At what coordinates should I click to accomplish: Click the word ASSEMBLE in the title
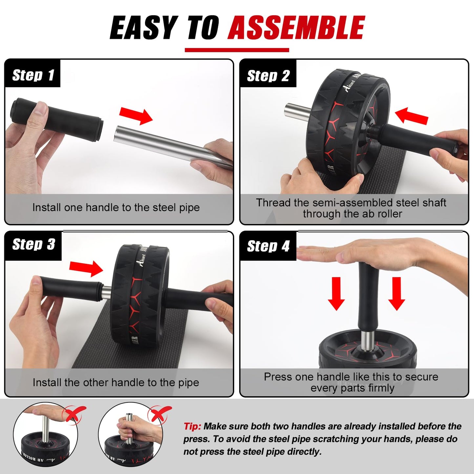296,28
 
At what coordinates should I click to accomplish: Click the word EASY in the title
143,28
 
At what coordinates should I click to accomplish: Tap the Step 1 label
33,75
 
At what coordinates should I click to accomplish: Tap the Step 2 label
268,76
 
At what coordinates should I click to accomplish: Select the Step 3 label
33,244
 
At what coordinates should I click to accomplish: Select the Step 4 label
268,246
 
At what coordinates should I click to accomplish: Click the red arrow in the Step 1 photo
136,115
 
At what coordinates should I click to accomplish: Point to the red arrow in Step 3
86,268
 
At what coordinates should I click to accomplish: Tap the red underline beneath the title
237,50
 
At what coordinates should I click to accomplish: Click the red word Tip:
192,426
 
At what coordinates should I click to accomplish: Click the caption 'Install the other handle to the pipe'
116,382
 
